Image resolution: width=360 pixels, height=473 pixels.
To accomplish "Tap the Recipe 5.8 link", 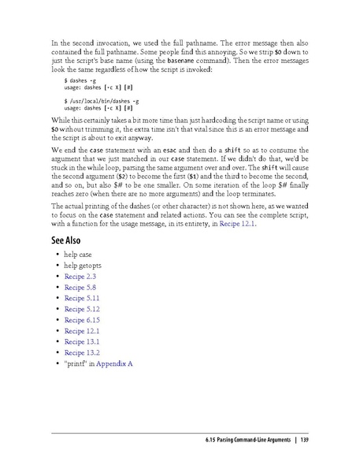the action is coord(80,289).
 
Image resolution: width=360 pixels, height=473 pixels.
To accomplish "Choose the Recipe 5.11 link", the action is coord(82,300).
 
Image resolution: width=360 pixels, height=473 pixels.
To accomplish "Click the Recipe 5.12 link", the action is coord(82,310).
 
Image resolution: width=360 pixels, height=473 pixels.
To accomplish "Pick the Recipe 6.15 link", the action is coord(82,320).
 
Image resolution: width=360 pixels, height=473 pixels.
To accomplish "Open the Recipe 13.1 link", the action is coord(82,341).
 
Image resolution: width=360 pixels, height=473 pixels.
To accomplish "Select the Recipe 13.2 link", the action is coord(82,352).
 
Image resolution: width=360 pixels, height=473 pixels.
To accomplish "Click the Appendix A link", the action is coord(115,363).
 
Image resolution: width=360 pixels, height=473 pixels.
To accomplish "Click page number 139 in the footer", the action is coord(303,439).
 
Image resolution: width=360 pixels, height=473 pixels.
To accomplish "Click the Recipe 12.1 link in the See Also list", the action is coord(82,331).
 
